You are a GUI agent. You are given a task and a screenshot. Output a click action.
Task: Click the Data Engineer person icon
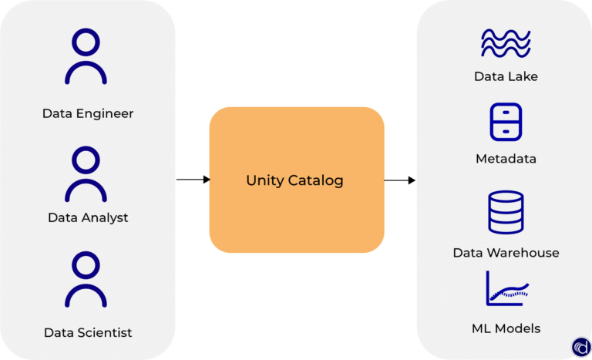click(x=86, y=57)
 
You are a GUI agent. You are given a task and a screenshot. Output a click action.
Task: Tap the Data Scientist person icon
click(x=86, y=281)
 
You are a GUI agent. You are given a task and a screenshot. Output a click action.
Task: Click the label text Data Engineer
click(x=88, y=114)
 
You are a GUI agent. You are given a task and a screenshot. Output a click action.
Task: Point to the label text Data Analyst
click(x=88, y=218)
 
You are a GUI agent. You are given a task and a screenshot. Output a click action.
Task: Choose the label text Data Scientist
click(x=88, y=333)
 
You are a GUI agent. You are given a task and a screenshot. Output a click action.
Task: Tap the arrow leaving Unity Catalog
click(x=400, y=180)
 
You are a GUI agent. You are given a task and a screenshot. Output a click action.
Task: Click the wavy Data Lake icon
click(x=506, y=43)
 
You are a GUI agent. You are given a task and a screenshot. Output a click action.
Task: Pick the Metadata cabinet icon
click(x=506, y=122)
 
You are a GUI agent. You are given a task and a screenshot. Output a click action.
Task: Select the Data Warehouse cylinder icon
click(x=506, y=213)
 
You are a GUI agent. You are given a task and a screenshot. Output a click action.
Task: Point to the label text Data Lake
click(x=506, y=76)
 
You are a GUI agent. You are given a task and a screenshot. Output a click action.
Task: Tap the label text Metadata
click(x=506, y=159)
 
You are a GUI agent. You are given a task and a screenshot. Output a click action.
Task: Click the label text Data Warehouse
click(x=506, y=253)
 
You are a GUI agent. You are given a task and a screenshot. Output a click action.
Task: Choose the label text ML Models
click(x=506, y=328)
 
